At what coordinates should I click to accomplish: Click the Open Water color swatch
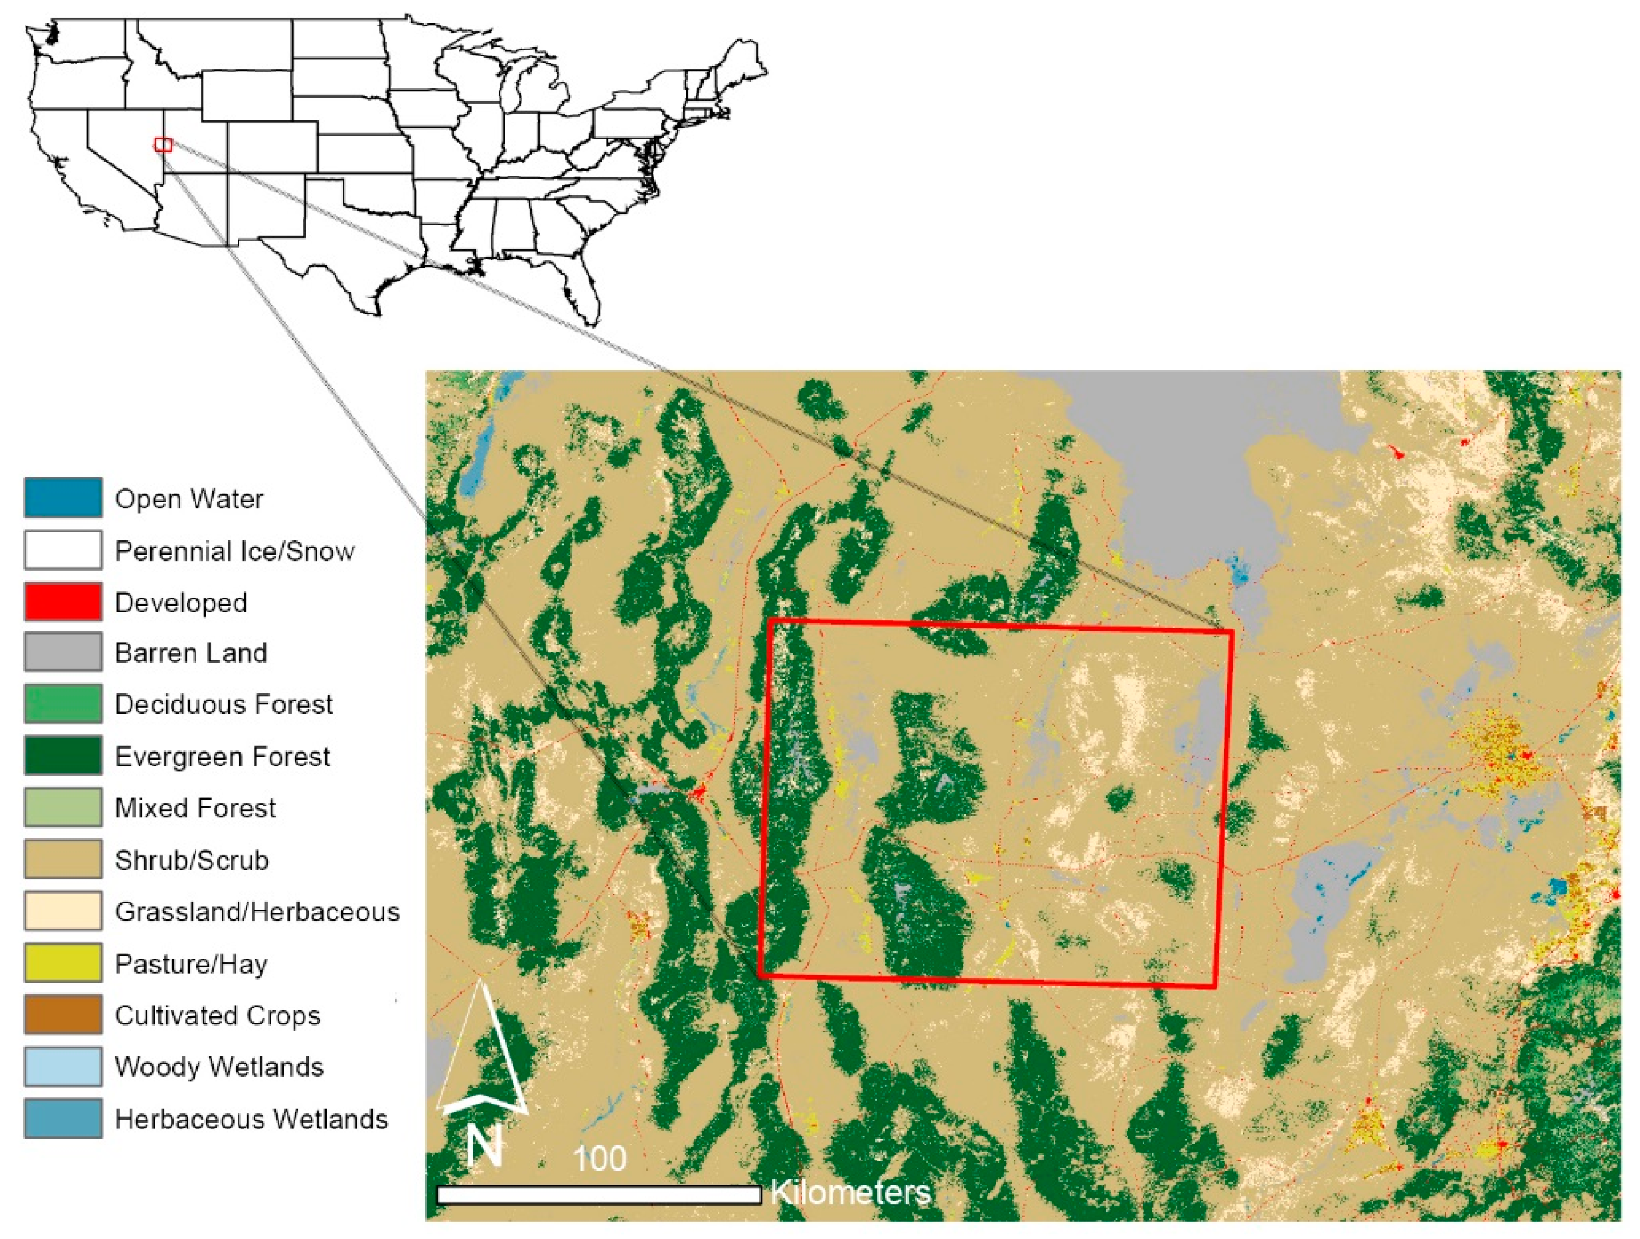pos(63,497)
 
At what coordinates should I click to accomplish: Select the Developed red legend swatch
pos(63,601)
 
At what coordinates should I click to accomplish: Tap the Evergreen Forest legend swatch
pos(63,755)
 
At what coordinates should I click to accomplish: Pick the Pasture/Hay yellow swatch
pos(63,963)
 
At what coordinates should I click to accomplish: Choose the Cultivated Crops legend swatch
pos(63,1015)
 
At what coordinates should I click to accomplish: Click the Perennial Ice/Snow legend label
pos(234,551)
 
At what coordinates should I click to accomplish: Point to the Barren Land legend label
pos(191,653)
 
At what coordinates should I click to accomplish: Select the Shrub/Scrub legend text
pos(191,859)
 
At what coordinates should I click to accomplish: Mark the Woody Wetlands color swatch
pos(63,1066)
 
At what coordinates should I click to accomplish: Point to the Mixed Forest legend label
pos(195,808)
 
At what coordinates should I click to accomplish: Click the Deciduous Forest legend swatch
pos(63,703)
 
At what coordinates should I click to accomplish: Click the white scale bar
pos(599,1195)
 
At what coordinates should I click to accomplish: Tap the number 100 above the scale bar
pos(599,1158)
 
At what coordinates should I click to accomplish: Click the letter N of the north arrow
pos(485,1147)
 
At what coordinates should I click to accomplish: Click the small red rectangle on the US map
pos(163,144)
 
